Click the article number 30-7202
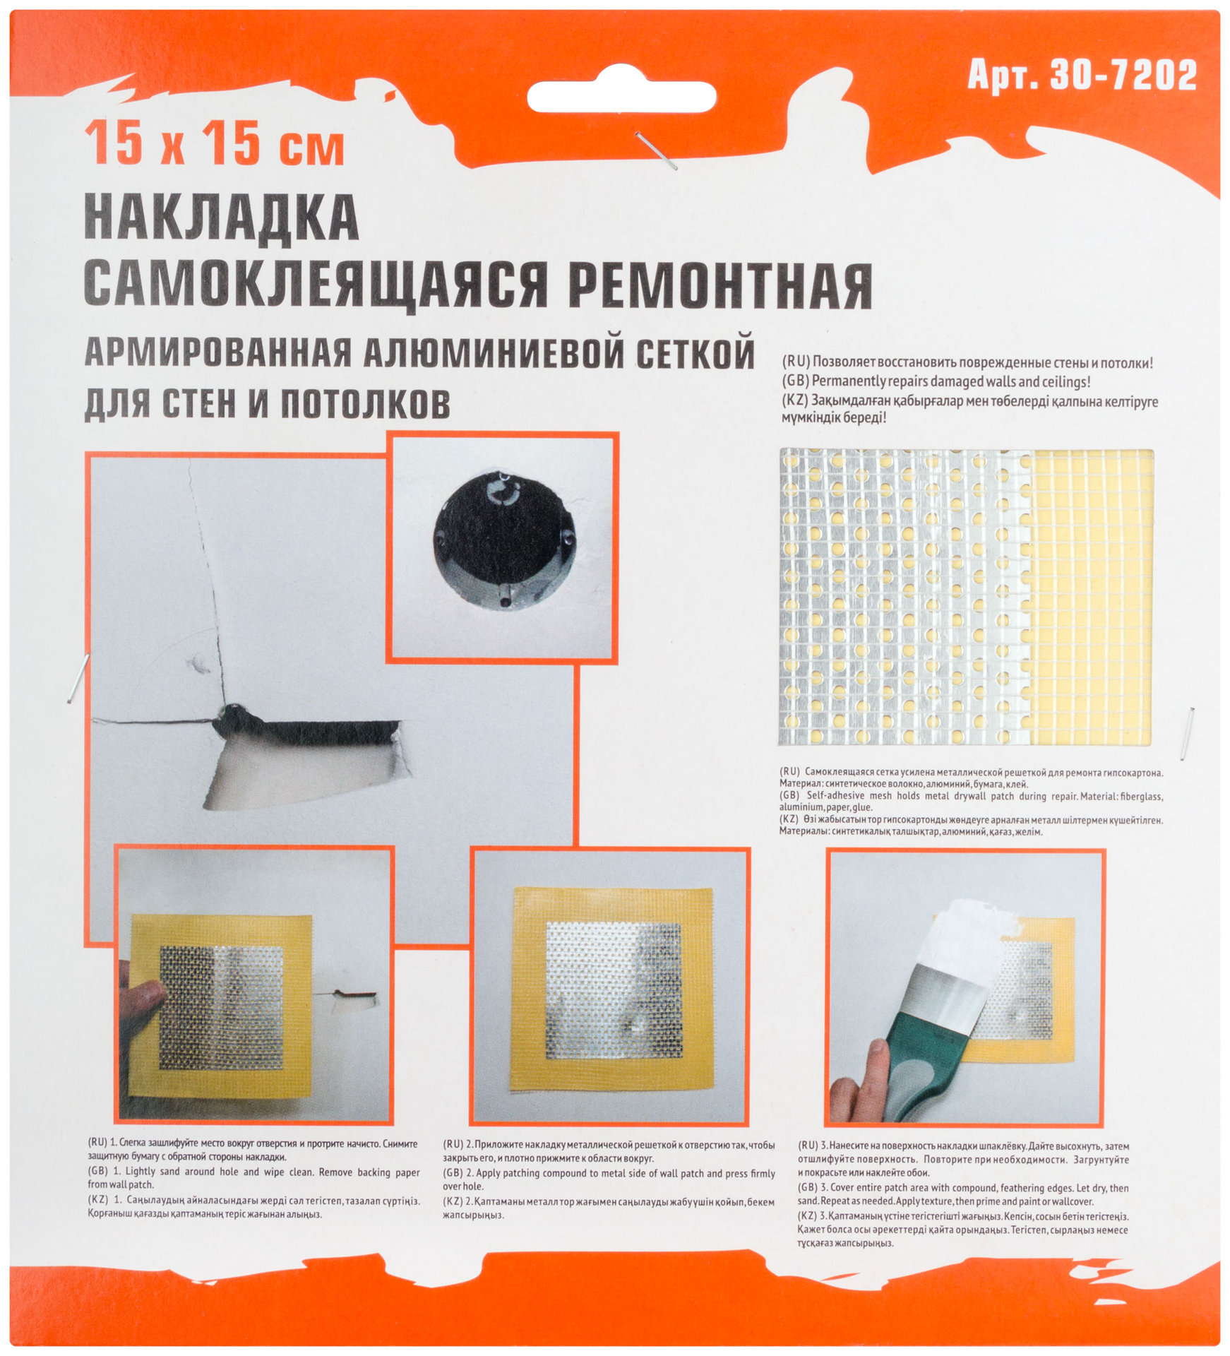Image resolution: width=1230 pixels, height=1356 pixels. tap(1122, 75)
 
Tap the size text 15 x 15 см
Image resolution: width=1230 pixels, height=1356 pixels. tap(214, 143)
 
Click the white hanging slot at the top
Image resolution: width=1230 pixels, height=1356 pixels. tap(621, 97)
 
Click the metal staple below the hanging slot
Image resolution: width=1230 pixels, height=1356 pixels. tap(656, 150)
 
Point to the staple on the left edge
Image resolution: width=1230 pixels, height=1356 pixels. tap(78, 677)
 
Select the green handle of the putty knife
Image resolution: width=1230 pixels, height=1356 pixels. tap(911, 1059)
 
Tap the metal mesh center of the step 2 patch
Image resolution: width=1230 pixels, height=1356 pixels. tap(614, 989)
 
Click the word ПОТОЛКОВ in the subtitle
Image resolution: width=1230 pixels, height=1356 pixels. tap(365, 404)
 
